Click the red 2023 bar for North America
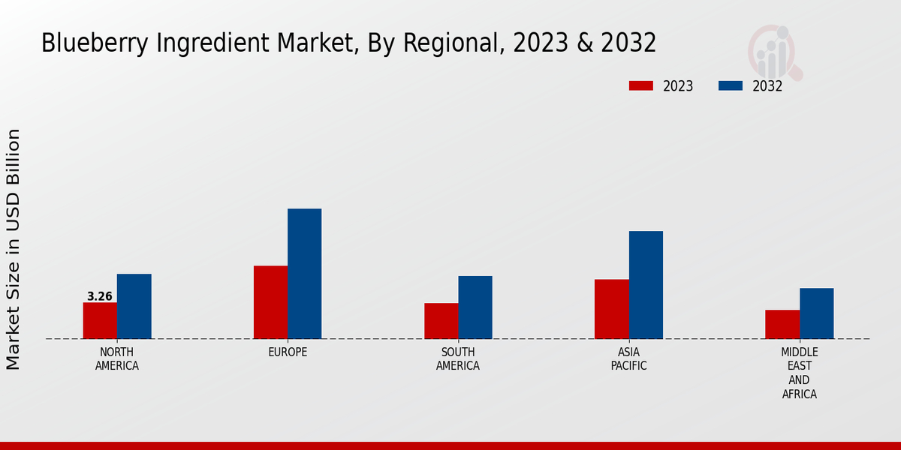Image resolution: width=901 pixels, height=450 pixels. [x=100, y=320]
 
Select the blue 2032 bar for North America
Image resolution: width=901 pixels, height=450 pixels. [x=134, y=306]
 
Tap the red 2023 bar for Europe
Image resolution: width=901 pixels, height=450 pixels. [x=270, y=302]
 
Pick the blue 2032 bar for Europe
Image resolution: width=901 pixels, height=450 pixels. [x=304, y=274]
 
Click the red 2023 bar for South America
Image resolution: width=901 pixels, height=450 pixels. [x=441, y=321]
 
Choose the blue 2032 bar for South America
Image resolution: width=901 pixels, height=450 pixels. [x=475, y=307]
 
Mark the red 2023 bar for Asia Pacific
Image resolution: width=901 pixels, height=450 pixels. [x=611, y=309]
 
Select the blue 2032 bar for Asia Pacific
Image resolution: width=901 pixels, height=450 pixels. [x=646, y=285]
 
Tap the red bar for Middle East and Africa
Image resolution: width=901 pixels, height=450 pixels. [x=782, y=324]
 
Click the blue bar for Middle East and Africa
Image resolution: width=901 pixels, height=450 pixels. [x=816, y=313]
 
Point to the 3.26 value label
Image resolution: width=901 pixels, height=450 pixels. [x=100, y=296]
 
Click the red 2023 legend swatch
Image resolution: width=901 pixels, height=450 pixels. [x=641, y=85]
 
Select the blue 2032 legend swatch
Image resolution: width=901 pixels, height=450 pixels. [x=731, y=85]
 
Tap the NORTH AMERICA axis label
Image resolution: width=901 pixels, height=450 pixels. [x=117, y=359]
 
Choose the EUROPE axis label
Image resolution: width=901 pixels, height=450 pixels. [x=288, y=352]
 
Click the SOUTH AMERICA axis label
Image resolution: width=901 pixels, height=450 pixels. [x=458, y=359]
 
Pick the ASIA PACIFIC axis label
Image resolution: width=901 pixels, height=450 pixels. [x=628, y=359]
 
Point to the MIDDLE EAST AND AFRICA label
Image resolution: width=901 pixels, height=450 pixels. [x=800, y=373]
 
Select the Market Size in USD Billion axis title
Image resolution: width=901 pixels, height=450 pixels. [x=14, y=249]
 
